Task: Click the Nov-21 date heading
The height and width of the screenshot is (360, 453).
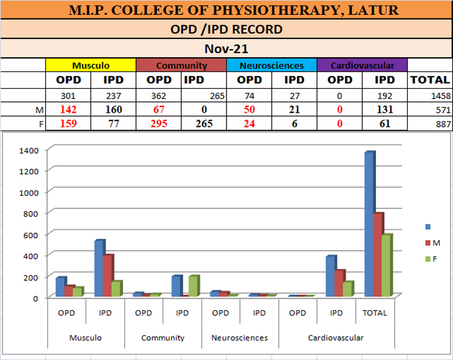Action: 226,49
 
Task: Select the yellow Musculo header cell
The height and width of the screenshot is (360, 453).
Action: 91,65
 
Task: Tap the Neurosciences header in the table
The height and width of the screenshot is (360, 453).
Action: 271,65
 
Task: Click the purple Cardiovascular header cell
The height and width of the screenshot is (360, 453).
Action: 362,65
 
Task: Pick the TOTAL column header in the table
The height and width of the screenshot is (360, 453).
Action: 430,80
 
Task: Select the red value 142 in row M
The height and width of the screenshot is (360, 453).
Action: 68,110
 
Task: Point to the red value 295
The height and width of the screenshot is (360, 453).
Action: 159,124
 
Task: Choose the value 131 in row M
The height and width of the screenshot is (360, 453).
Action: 385,110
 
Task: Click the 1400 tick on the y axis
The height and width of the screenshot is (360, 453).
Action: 28,150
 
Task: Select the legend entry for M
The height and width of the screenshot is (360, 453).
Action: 432,243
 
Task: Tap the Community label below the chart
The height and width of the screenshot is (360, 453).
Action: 163,338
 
